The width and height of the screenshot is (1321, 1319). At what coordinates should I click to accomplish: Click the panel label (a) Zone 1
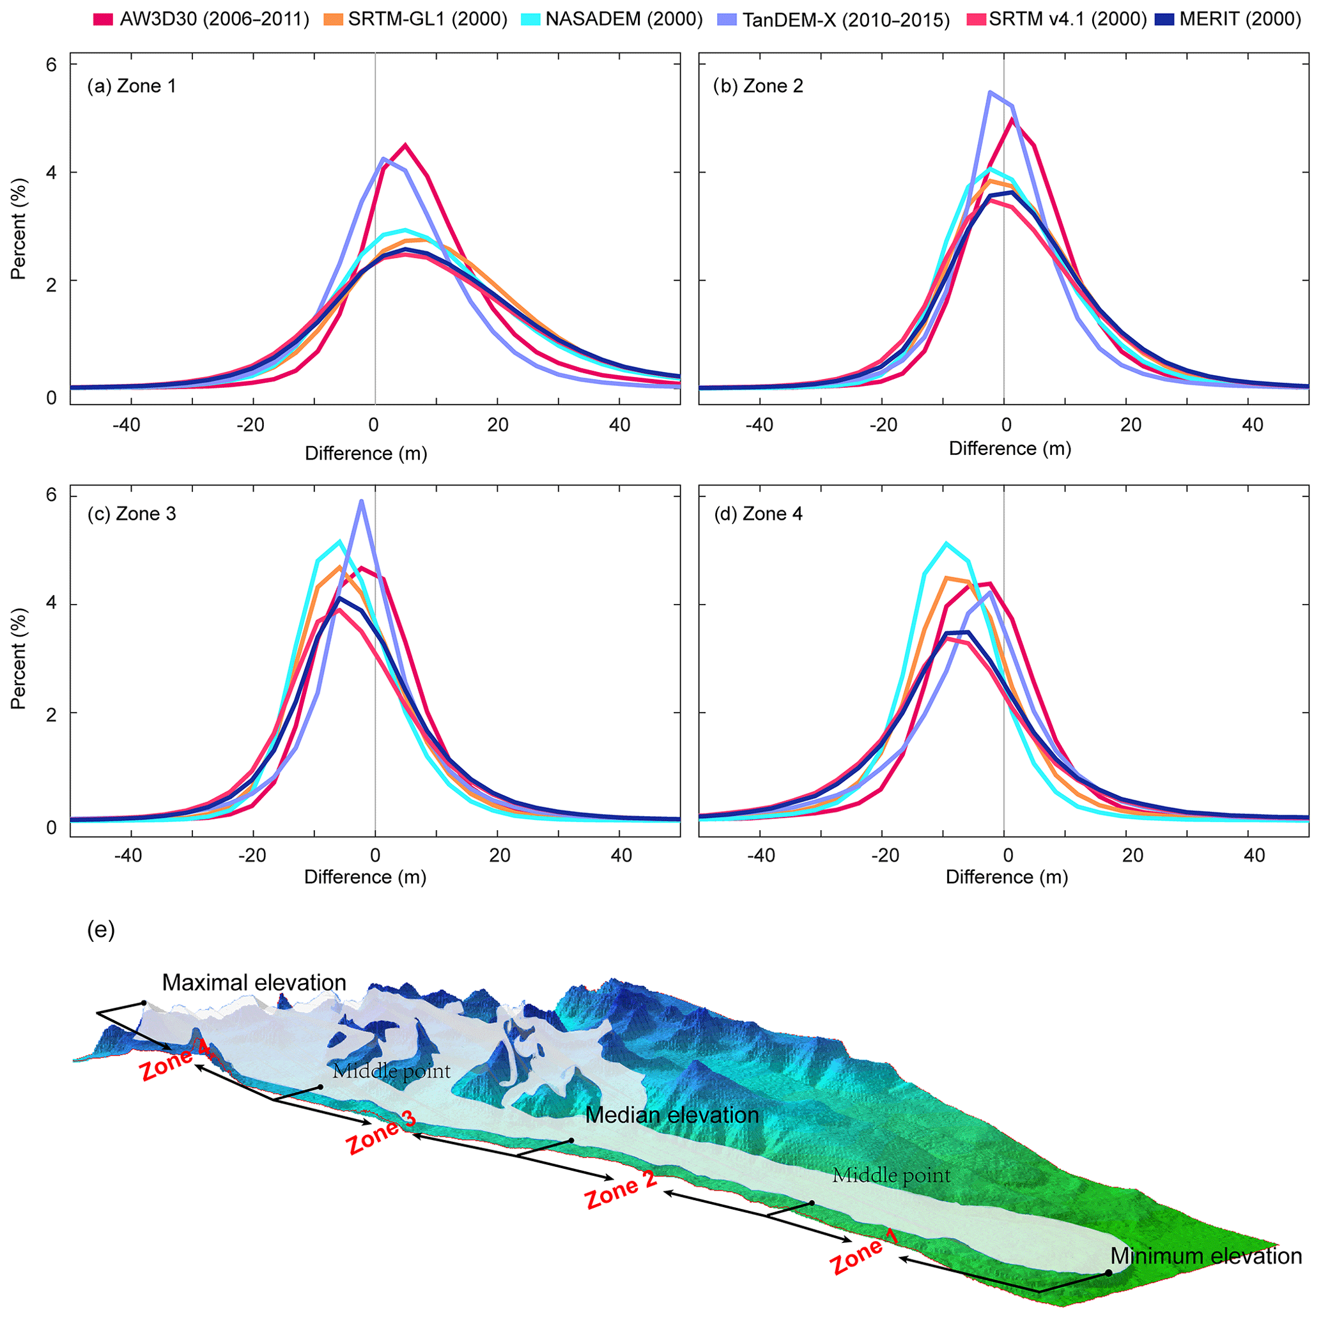pyautogui.click(x=131, y=86)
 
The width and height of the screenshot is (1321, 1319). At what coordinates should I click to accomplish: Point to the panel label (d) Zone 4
pyautogui.click(x=758, y=514)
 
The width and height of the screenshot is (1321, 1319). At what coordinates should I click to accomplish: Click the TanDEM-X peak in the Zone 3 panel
pyautogui.click(x=361, y=501)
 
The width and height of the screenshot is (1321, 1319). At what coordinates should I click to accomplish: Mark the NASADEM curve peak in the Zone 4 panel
pyautogui.click(x=946, y=543)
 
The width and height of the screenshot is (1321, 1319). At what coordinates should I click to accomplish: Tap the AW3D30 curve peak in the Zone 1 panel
pyautogui.click(x=405, y=145)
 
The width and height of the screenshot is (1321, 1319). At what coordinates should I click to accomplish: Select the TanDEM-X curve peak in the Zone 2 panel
pyautogui.click(x=989, y=91)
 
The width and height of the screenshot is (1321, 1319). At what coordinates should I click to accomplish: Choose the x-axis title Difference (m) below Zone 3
pyautogui.click(x=365, y=877)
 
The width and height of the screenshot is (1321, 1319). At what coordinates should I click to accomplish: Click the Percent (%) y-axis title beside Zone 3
pyautogui.click(x=19, y=662)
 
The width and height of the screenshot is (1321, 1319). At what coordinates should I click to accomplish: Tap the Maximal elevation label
pyautogui.click(x=254, y=983)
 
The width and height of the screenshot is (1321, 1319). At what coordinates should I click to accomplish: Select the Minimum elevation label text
pyautogui.click(x=1205, y=1256)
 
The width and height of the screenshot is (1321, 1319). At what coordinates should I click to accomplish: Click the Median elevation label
pyautogui.click(x=672, y=1115)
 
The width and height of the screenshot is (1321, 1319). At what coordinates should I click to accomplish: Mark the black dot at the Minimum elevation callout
pyautogui.click(x=1108, y=1272)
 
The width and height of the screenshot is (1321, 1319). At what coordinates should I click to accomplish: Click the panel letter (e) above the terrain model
pyautogui.click(x=101, y=930)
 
